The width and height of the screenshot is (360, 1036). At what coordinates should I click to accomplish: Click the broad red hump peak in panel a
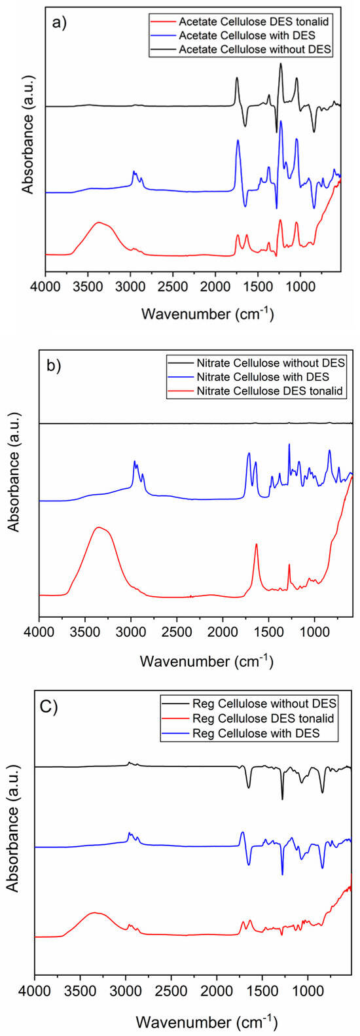coord(99,223)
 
